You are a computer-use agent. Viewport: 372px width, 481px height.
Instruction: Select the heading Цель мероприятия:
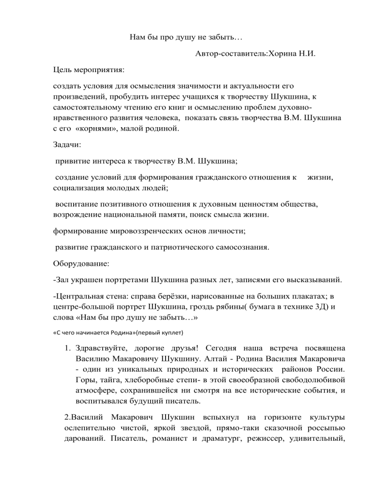(89, 71)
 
